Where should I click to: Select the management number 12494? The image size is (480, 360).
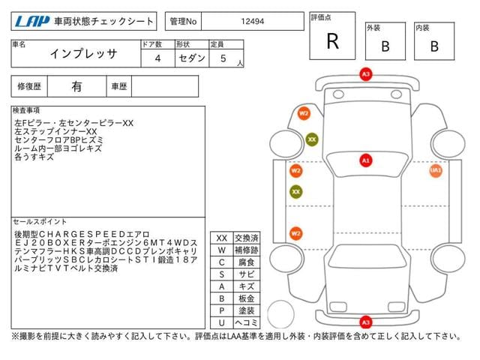pyautogui.click(x=250, y=22)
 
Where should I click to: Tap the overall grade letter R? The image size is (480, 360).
pyautogui.click(x=332, y=42)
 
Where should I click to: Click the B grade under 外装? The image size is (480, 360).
pyautogui.click(x=385, y=46)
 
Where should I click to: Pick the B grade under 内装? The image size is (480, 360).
pyautogui.click(x=433, y=46)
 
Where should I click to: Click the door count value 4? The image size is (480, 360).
pyautogui.click(x=157, y=58)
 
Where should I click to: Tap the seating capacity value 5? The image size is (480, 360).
pyautogui.click(x=223, y=58)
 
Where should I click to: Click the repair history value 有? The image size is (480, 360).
pyautogui.click(x=76, y=86)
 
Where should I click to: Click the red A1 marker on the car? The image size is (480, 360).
pyautogui.click(x=366, y=160)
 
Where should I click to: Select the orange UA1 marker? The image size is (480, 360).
pyautogui.click(x=436, y=171)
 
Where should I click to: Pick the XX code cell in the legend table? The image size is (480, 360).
pyautogui.click(x=222, y=238)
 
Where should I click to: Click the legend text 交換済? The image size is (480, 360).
pyautogui.click(x=245, y=238)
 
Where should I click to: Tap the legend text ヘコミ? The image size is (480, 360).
pyautogui.click(x=245, y=322)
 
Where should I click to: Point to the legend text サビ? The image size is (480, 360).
pyautogui.click(x=245, y=274)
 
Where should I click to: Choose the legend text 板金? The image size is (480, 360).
pyautogui.click(x=245, y=298)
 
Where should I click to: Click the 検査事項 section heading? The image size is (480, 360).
pyautogui.click(x=27, y=110)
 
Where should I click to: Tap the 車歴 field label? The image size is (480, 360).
pyautogui.click(x=119, y=86)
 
